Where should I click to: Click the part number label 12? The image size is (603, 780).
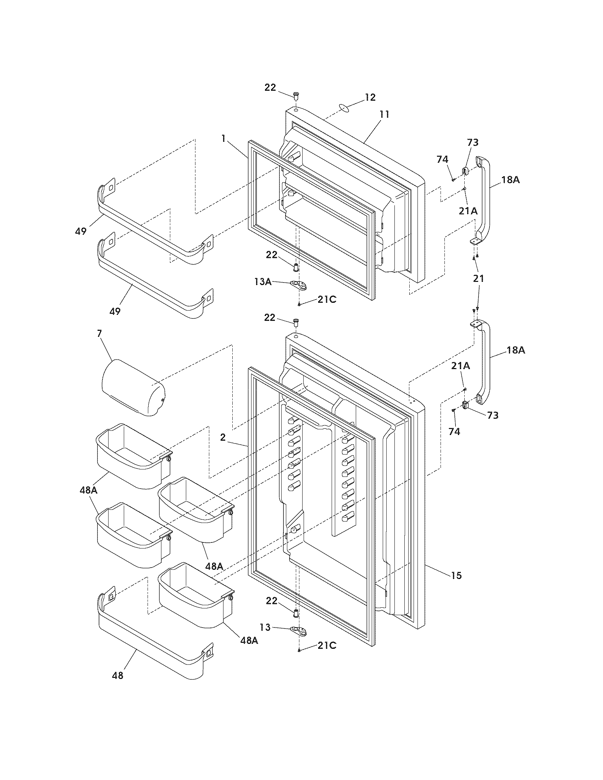click(370, 97)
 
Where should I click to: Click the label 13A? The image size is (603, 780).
click(262, 282)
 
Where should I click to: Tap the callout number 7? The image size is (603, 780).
click(99, 333)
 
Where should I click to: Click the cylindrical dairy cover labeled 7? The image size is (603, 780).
click(133, 388)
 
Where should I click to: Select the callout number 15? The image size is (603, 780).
click(456, 575)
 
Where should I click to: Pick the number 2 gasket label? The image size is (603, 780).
click(223, 437)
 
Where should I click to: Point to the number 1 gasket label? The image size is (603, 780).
click(223, 138)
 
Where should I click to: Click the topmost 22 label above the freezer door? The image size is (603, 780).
click(270, 87)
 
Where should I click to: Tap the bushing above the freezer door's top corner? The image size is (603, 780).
click(296, 95)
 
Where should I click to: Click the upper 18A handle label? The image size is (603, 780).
click(510, 180)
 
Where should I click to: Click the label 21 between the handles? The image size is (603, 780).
click(478, 278)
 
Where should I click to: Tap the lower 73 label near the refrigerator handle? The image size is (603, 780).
click(493, 415)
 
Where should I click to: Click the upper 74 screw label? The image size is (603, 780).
click(442, 159)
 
